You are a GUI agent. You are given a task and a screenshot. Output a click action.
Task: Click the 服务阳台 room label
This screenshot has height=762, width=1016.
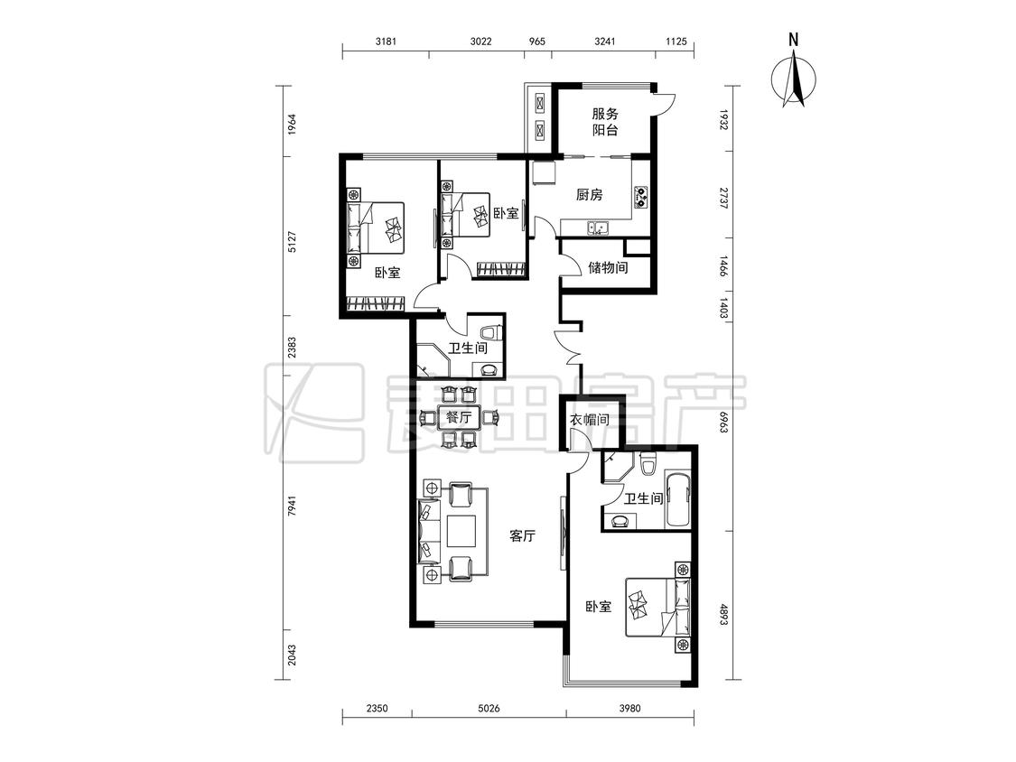coord(605,122)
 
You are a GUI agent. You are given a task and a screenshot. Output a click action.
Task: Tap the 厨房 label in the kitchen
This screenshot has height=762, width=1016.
coord(590,194)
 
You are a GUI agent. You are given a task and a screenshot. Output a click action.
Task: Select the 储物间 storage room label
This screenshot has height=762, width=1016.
coord(608,267)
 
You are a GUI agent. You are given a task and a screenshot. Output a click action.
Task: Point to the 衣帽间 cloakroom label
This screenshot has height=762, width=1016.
coord(590,420)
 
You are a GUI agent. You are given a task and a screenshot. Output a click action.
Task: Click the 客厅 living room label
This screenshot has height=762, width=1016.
coord(522,536)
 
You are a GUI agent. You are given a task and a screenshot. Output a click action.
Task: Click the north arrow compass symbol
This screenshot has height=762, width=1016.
coord(794,77)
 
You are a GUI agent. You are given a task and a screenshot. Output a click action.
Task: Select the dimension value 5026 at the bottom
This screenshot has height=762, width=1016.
coord(489,708)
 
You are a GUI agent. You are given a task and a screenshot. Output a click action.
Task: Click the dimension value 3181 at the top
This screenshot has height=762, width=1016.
coord(386,42)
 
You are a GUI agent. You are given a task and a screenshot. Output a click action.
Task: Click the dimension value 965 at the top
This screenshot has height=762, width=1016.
coord(537,42)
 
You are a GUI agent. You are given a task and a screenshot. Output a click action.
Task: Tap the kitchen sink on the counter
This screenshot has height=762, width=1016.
coord(598,228)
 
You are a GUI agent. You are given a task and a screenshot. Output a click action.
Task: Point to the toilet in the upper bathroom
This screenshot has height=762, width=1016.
coord(494,330)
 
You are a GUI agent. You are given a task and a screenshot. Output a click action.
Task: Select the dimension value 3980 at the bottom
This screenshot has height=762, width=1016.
coord(629,708)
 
